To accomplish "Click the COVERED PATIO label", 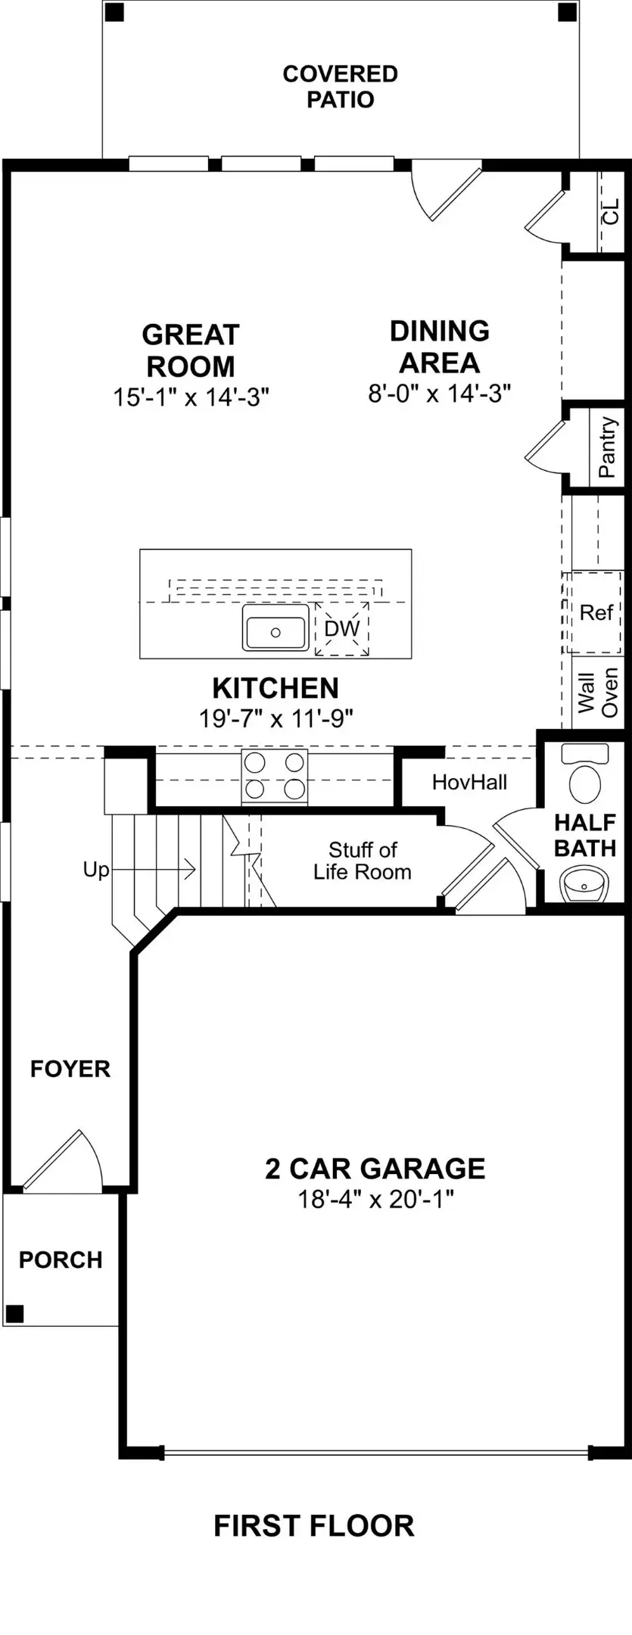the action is point(340,86).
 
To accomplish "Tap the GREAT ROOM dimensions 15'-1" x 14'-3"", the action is point(191,397).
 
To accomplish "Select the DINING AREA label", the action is point(439,347).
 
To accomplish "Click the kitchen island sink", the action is point(276,628).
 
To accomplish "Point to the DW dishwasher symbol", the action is point(342,629).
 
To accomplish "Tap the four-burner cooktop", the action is point(275,776).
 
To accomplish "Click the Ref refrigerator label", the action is point(596,612).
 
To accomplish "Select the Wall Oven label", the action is point(598,692).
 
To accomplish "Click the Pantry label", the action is point(607,447).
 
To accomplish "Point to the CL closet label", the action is point(610,212).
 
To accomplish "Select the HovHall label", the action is point(469,782).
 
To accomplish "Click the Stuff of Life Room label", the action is point(363,861).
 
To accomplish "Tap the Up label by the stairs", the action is point(96,870).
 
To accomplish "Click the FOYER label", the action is point(70,1068).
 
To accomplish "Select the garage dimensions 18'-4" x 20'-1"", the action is point(375,1199).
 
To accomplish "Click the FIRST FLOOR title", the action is point(314,1525).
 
